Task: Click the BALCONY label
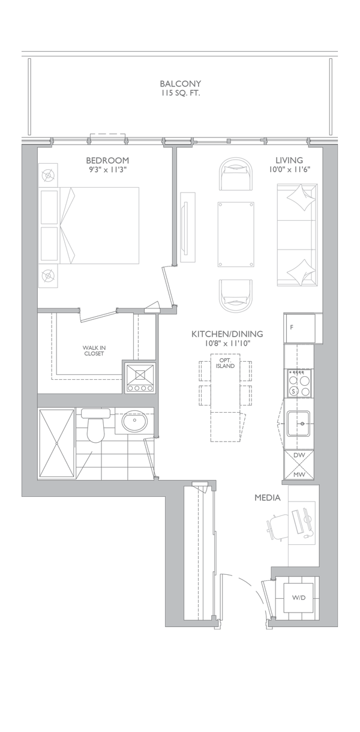pos(180,83)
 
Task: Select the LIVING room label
pos(289,160)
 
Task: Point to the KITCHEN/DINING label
pos(227,334)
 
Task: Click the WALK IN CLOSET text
pos(94,350)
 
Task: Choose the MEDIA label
pos(268,497)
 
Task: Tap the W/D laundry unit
pos(298,598)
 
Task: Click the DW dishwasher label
pos(299,455)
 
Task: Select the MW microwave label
pos(299,475)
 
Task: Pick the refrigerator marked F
pos(299,328)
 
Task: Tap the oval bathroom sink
pos(134,422)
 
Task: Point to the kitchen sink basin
pos(299,424)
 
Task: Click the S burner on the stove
pos(293,391)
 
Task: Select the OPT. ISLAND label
pos(225,363)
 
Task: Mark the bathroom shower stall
pos(56,443)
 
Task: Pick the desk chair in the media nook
pos(278,524)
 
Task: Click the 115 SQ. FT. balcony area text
pos(180,93)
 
